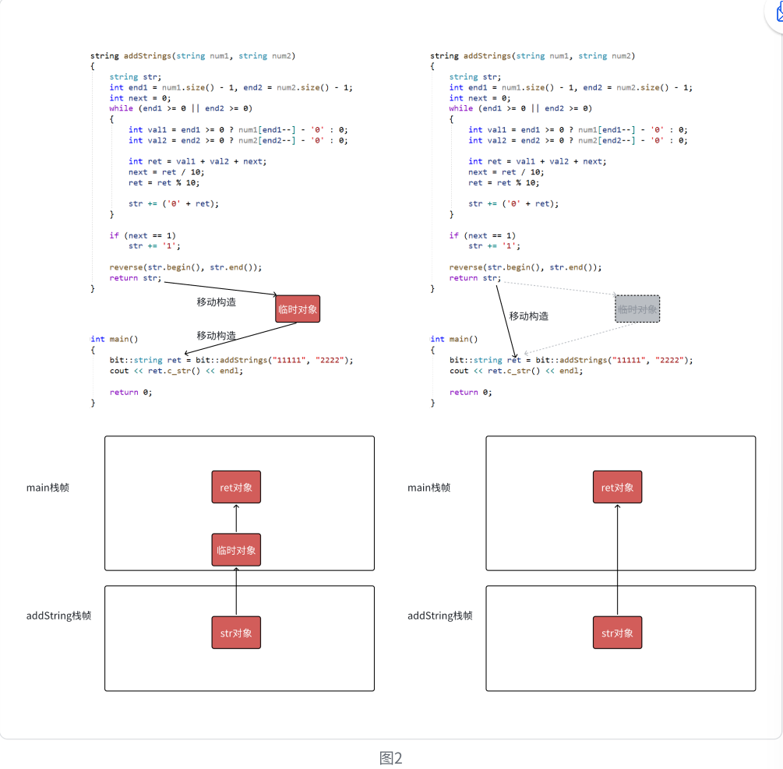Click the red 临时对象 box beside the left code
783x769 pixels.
298,309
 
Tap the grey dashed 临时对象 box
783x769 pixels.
637,309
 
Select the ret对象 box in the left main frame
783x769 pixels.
236,487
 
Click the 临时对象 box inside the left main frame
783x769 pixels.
236,550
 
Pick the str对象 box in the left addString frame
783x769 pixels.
236,633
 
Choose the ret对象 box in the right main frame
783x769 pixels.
617,487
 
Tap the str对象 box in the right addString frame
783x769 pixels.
617,633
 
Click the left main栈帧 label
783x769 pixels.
48,488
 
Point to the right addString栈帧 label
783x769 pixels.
439,616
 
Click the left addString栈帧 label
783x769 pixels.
58,616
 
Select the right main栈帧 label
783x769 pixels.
429,488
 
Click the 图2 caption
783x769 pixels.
390,758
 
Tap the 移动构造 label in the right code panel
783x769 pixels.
529,316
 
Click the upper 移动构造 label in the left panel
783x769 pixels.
216,302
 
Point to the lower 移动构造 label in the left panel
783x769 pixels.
216,335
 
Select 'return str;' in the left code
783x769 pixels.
135,278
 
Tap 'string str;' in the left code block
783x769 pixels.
136,77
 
